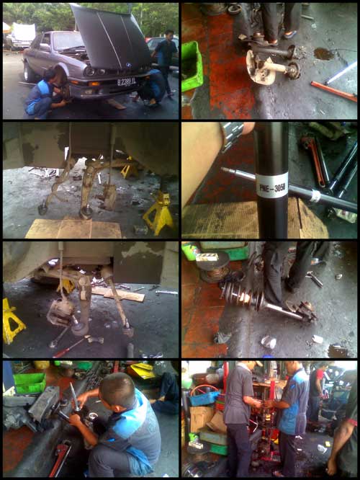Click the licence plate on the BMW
[126, 82]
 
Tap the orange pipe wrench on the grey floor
[333, 91]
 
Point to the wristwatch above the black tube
[233, 133]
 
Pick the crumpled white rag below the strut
[269, 341]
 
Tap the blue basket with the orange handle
[204, 396]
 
